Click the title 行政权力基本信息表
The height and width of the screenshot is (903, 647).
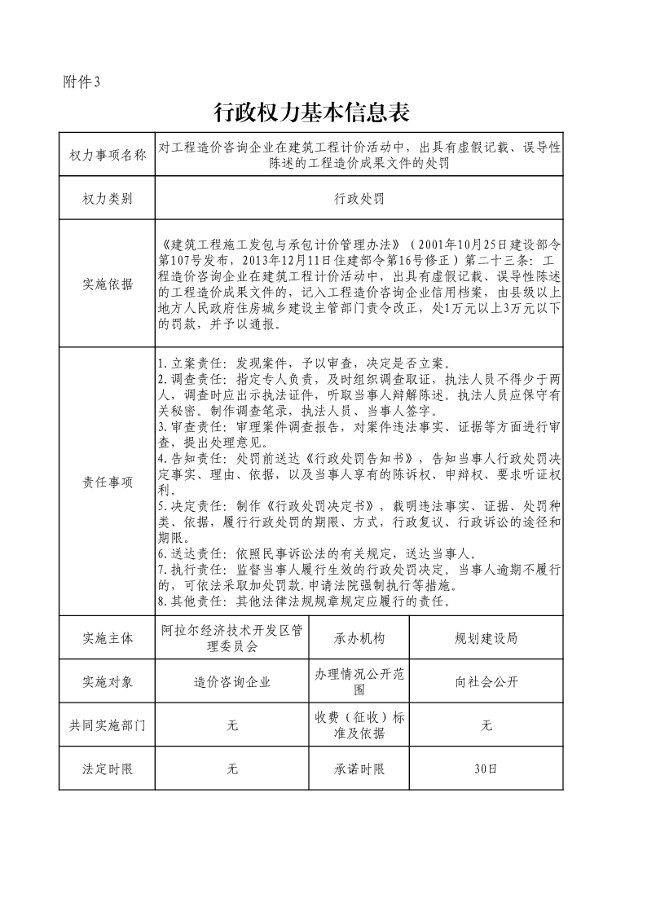point(310,112)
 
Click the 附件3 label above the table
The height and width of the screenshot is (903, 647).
point(81,81)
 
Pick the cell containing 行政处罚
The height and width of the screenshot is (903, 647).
point(359,198)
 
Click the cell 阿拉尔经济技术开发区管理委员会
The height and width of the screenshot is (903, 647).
point(232,638)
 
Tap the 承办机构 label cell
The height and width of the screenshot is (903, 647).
point(359,638)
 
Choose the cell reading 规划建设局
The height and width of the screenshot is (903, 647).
point(486,638)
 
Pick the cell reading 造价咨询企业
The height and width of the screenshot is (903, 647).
point(232,682)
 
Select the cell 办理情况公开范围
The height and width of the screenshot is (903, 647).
point(359,682)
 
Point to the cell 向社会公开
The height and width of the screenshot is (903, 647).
point(486,682)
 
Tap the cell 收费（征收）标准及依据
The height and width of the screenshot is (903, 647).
point(359,725)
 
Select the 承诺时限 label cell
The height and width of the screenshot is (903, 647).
point(359,769)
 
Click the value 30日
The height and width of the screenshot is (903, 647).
point(486,769)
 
